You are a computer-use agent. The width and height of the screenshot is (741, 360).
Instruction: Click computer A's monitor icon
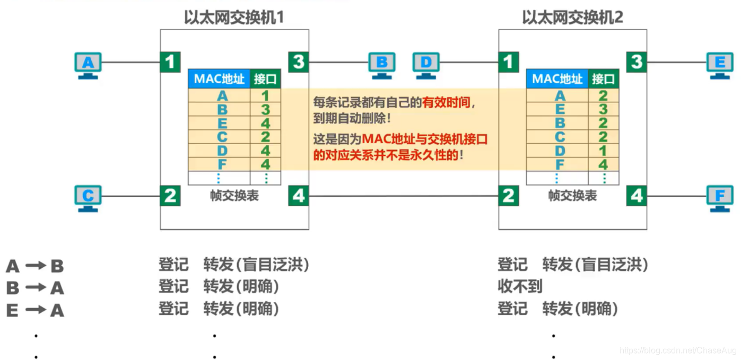click(88, 64)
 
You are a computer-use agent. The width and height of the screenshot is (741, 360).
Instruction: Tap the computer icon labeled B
click(381, 64)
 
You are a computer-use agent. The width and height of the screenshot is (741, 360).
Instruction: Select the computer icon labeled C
click(88, 197)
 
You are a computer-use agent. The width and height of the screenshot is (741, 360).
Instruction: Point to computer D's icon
click(425, 64)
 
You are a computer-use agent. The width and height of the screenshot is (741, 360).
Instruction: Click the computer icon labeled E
click(720, 64)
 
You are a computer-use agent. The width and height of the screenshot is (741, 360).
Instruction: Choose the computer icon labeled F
click(720, 197)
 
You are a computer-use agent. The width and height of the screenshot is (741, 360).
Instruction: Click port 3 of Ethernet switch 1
click(299, 62)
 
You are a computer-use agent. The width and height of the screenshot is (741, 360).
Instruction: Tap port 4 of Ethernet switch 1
click(299, 196)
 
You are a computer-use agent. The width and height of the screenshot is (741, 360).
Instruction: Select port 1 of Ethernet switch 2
click(508, 62)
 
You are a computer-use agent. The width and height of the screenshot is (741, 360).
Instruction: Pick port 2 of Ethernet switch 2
click(508, 196)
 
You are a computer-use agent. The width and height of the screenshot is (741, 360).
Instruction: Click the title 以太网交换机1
click(234, 18)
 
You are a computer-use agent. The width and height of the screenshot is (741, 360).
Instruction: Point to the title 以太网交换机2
click(572, 18)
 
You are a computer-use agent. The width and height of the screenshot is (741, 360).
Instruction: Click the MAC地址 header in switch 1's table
click(219, 80)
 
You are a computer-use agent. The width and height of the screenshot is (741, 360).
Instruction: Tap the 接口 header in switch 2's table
click(603, 80)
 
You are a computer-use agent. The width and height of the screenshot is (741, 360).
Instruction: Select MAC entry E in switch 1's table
click(222, 124)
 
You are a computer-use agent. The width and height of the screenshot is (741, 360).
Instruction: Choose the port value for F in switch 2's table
click(603, 164)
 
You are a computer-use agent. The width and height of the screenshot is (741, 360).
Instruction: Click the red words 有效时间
click(446, 103)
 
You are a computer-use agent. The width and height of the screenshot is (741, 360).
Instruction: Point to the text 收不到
click(520, 287)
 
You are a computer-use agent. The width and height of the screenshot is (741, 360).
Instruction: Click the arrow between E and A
click(36, 310)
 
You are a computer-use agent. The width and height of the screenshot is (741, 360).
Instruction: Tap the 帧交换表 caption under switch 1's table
click(234, 196)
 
